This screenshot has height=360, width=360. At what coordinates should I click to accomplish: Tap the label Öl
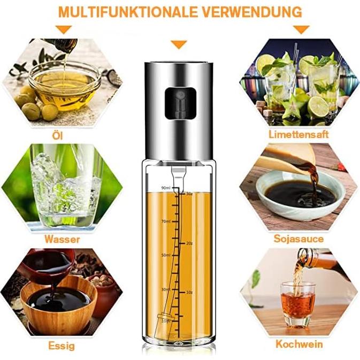point(58,136)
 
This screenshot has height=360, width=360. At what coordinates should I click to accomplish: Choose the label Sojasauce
point(298,239)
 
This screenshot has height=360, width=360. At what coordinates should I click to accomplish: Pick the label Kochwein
point(299,344)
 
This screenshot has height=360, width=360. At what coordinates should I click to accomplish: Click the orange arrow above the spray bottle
point(179,45)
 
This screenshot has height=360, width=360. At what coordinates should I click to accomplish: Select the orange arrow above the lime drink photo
point(302,29)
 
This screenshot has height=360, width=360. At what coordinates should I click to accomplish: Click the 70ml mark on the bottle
point(165,221)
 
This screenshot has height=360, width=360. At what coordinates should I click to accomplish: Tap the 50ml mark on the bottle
point(165,255)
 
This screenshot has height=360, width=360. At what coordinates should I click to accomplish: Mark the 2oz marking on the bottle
point(189,243)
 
